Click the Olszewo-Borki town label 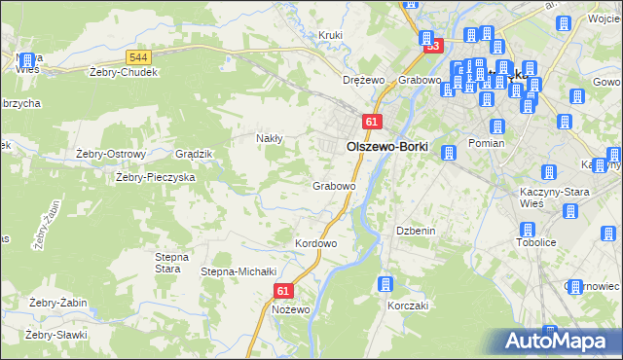point(387,146)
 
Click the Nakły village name point(269,138)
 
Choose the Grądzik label point(192,154)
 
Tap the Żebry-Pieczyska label point(156,177)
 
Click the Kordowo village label point(315,243)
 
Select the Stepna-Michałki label point(239,271)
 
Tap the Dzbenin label point(414,231)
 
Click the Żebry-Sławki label point(56,335)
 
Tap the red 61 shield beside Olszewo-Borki point(372,121)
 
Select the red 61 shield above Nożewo point(283,291)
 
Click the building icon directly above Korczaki point(385,283)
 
